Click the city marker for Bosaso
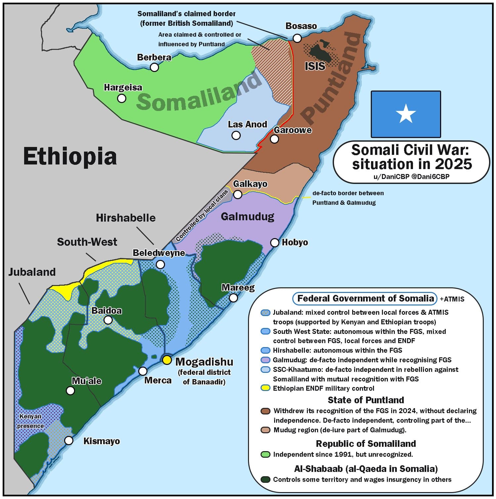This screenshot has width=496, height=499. point(297,38)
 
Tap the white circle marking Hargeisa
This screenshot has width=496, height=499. point(122,98)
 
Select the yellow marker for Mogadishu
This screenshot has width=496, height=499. point(167,360)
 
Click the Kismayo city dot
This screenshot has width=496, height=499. point(69,441)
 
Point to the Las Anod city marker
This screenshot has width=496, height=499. point(236,135)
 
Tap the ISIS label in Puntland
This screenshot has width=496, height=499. point(315,66)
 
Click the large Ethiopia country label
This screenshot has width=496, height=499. point(70,157)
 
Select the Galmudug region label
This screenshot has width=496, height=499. point(248,217)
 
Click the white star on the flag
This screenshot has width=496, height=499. point(406,113)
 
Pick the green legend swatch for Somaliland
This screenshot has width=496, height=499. point(265,454)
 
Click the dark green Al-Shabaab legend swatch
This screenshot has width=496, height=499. point(265,480)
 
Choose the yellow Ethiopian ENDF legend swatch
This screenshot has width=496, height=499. point(265,388)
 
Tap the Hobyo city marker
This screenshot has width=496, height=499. point(275,243)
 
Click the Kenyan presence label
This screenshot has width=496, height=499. point(30,421)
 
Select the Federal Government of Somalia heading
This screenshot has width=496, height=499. point(365,299)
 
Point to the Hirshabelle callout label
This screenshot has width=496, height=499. point(126,218)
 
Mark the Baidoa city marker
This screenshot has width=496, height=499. point(108,320)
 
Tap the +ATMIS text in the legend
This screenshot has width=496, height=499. point(452,299)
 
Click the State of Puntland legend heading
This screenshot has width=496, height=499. point(366,400)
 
